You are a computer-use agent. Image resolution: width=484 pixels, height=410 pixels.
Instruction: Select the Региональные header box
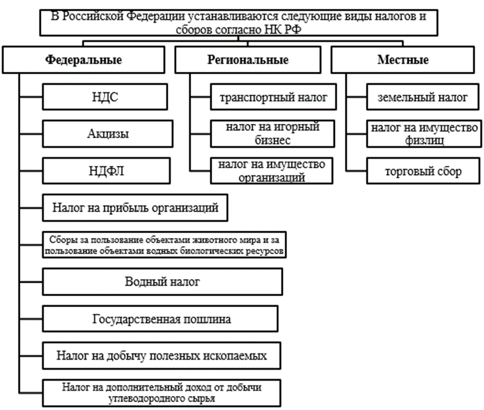click(x=248, y=60)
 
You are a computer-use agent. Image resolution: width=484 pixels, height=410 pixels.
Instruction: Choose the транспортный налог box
click(x=274, y=98)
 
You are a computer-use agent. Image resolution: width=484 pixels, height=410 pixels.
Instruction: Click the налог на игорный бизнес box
click(x=274, y=134)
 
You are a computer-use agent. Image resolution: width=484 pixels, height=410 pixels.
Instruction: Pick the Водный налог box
click(x=162, y=282)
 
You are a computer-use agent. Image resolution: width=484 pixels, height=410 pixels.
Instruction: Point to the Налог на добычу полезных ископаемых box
click(x=162, y=355)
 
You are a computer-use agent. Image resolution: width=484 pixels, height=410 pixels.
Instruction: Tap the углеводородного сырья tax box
click(x=162, y=394)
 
